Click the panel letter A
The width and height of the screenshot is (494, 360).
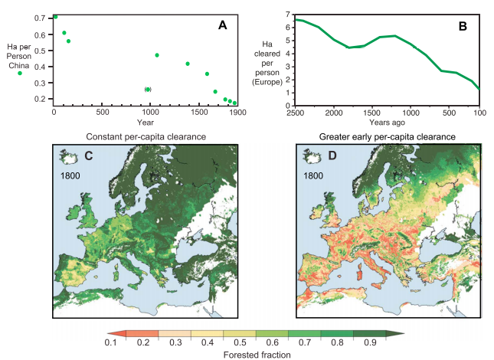(222, 25)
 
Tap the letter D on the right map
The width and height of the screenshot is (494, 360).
(310, 157)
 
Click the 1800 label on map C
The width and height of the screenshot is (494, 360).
(70, 175)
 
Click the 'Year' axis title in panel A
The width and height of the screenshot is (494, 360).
(146, 122)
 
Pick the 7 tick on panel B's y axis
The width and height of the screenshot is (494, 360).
(286, 15)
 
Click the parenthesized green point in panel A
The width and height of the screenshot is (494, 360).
(148, 90)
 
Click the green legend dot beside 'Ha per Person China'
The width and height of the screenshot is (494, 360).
(20, 74)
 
